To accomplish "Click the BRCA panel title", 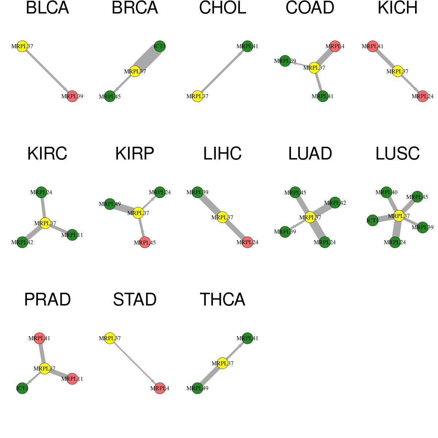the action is [135, 8].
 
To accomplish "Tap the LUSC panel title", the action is [397, 154].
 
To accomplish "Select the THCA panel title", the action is [223, 300].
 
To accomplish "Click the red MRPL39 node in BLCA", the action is [72, 96].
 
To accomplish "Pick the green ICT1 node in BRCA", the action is [160, 46].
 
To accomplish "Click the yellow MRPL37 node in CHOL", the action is [197, 96].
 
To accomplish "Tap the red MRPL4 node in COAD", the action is [335, 46].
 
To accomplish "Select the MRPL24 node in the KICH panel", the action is [423, 96].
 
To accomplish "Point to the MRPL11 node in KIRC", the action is [72, 235].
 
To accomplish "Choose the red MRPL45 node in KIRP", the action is [145, 242].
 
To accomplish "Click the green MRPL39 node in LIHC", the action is [197, 192].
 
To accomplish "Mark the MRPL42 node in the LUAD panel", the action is [335, 203].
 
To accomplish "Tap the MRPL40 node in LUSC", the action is [386, 192].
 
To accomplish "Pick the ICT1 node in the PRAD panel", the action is [22, 388].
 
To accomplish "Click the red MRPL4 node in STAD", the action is [160, 388].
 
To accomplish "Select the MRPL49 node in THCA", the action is [197, 388].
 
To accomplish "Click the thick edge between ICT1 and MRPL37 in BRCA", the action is [147, 59].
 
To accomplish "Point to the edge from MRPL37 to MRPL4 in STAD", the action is [135, 363].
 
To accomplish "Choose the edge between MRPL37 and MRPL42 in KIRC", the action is [34, 233].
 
